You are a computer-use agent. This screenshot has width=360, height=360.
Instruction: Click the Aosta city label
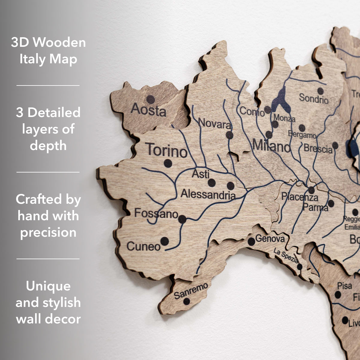(148, 110)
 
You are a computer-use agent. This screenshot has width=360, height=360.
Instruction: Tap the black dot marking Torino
(168, 163)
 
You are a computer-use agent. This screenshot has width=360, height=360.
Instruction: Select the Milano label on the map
(271, 146)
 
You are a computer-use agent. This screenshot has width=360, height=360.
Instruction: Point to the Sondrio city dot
(320, 91)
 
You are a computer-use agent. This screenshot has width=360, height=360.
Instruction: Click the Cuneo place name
(144, 247)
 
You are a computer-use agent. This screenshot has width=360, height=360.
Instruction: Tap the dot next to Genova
(251, 241)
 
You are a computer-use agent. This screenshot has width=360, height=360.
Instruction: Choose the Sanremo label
(190, 290)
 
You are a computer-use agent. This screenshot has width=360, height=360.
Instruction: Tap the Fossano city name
(156, 214)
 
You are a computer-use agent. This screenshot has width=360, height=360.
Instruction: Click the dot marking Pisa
(338, 295)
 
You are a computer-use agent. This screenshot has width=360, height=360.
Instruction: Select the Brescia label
(318, 148)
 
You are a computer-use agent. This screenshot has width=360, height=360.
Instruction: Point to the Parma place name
(315, 207)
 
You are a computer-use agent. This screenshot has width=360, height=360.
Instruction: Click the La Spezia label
(286, 257)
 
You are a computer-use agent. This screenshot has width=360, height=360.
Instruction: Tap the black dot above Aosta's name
(151, 99)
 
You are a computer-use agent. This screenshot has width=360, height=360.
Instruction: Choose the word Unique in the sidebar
(48, 286)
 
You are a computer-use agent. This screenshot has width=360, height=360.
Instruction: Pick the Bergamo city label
(302, 135)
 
